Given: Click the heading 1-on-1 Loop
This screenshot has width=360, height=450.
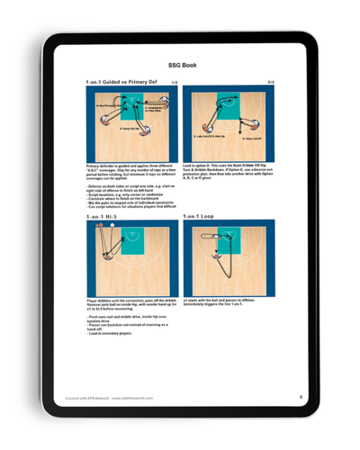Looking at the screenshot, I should [x=202, y=216].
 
